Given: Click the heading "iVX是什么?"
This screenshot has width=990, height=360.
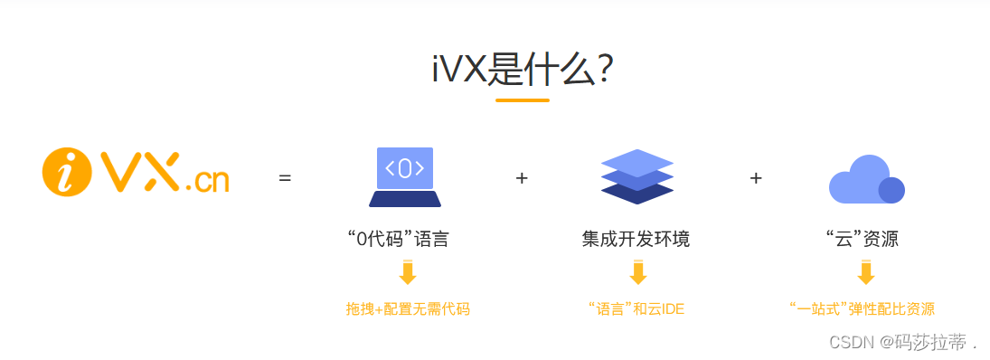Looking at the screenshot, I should pyautogui.click(x=523, y=69).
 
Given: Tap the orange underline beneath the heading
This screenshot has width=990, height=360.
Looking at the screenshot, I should pyautogui.click(x=523, y=100).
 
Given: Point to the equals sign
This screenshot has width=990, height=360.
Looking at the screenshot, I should pyautogui.click(x=285, y=179).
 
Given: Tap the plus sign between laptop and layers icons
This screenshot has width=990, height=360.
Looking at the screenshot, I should pyautogui.click(x=522, y=179).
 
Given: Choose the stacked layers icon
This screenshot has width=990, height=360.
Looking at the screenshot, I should pyautogui.click(x=637, y=176).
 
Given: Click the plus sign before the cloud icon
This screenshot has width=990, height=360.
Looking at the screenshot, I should pyautogui.click(x=756, y=179).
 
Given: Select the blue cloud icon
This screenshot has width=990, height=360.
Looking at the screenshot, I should pyautogui.click(x=866, y=179).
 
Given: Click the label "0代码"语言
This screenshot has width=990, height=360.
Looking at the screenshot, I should pyautogui.click(x=398, y=240).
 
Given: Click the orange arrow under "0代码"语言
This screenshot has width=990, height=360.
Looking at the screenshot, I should pyautogui.click(x=408, y=273).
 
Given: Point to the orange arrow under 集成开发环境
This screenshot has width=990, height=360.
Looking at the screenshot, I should pyautogui.click(x=638, y=273).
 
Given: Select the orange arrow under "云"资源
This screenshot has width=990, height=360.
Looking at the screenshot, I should pyautogui.click(x=866, y=273).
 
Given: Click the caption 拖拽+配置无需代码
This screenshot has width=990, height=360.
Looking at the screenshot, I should pyautogui.click(x=408, y=309).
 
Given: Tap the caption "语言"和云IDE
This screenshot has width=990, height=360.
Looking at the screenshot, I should pyautogui.click(x=636, y=309).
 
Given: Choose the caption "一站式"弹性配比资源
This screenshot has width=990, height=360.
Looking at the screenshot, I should pyautogui.click(x=862, y=309).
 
